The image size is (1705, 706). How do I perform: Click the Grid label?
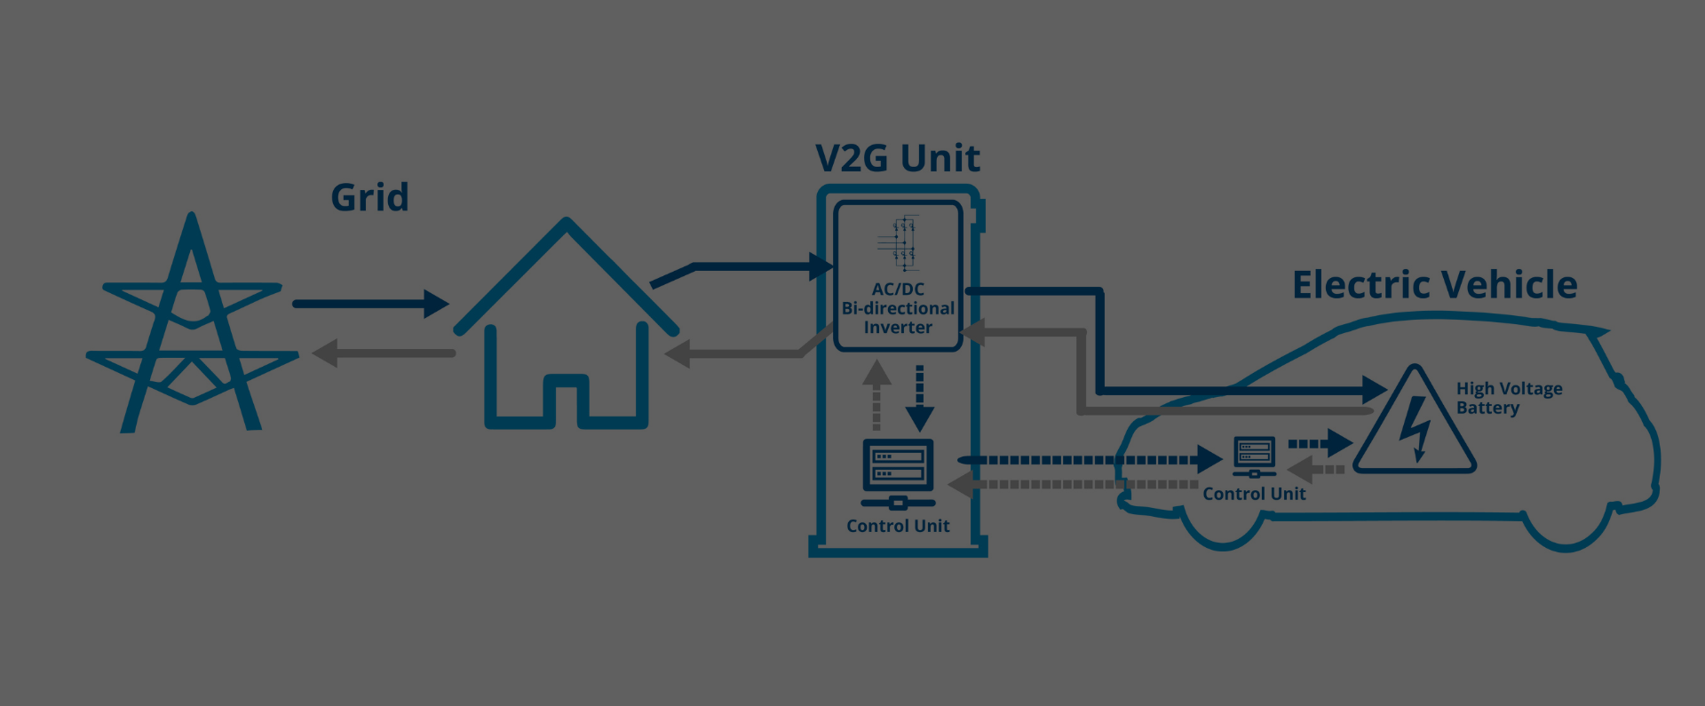point(369,197)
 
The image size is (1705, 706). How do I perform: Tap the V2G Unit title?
point(898,158)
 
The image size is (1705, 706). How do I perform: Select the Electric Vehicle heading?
point(1434,285)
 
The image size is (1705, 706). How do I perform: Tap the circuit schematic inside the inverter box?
point(898,242)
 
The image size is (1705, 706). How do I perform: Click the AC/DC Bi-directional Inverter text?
point(898,308)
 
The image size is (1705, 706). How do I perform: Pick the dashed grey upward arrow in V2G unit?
point(876,394)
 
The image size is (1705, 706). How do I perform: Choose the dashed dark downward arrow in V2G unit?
point(920,397)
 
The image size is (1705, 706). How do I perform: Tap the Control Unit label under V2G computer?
point(898,526)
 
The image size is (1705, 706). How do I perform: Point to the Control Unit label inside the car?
point(1254,494)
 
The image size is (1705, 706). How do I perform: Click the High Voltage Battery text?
point(1509,398)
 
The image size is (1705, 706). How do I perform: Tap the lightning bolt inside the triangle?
point(1416,428)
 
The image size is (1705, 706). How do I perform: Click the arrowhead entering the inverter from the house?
point(821,266)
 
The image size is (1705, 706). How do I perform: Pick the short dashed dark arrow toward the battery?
point(1320,443)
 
